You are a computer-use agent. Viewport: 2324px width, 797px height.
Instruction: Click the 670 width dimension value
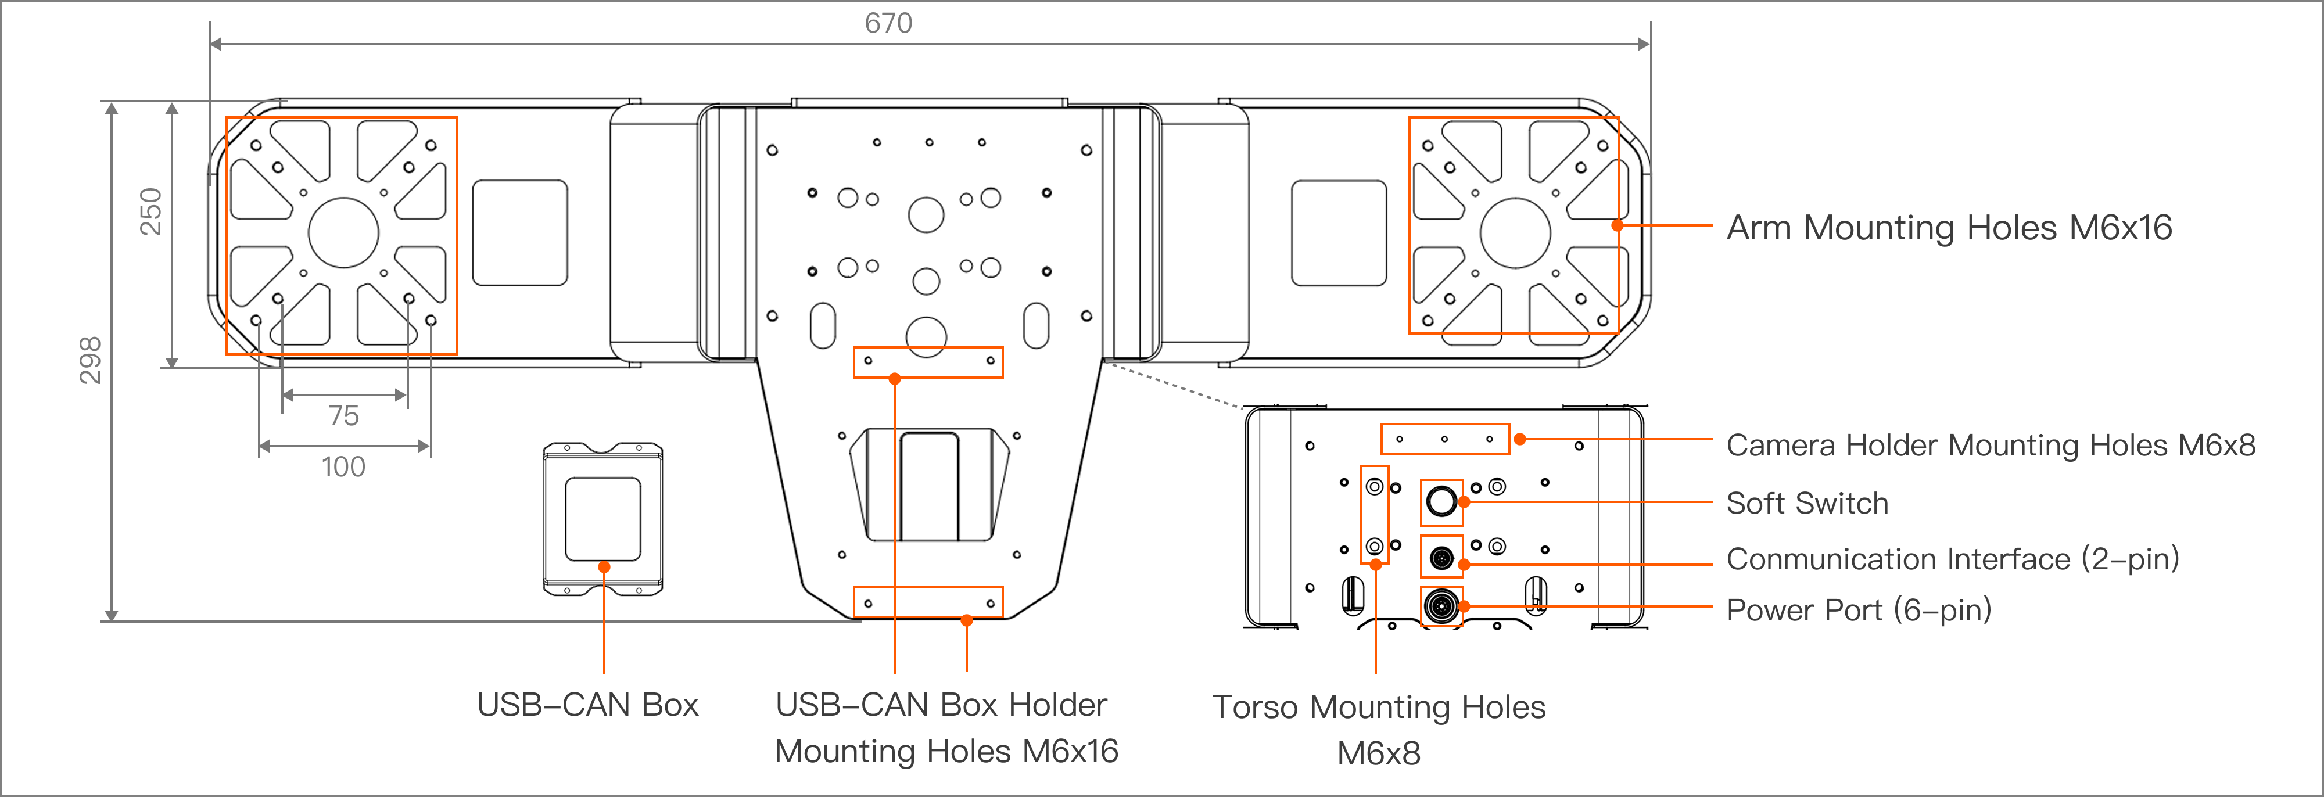pyautogui.click(x=889, y=23)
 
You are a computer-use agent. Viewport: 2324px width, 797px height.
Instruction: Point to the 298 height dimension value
pyautogui.click(x=90, y=361)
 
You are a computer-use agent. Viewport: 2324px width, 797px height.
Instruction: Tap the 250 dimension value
pyautogui.click(x=150, y=212)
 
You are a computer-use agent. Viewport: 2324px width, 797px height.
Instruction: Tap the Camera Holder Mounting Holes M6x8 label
pyautogui.click(x=1990, y=446)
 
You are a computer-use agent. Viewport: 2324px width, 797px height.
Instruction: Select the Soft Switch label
pyautogui.click(x=1807, y=503)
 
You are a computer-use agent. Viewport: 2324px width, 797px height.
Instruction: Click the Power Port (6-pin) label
pyautogui.click(x=1859, y=611)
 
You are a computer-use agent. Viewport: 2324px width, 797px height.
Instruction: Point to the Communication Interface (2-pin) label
pyautogui.click(x=1952, y=559)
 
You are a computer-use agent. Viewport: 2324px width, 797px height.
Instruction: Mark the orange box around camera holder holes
pyautogui.click(x=1444, y=439)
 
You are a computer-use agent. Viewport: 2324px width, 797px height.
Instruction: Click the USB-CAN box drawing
pyautogui.click(x=602, y=518)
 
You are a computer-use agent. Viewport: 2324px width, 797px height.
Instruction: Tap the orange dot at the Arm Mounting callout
pyautogui.click(x=1618, y=225)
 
